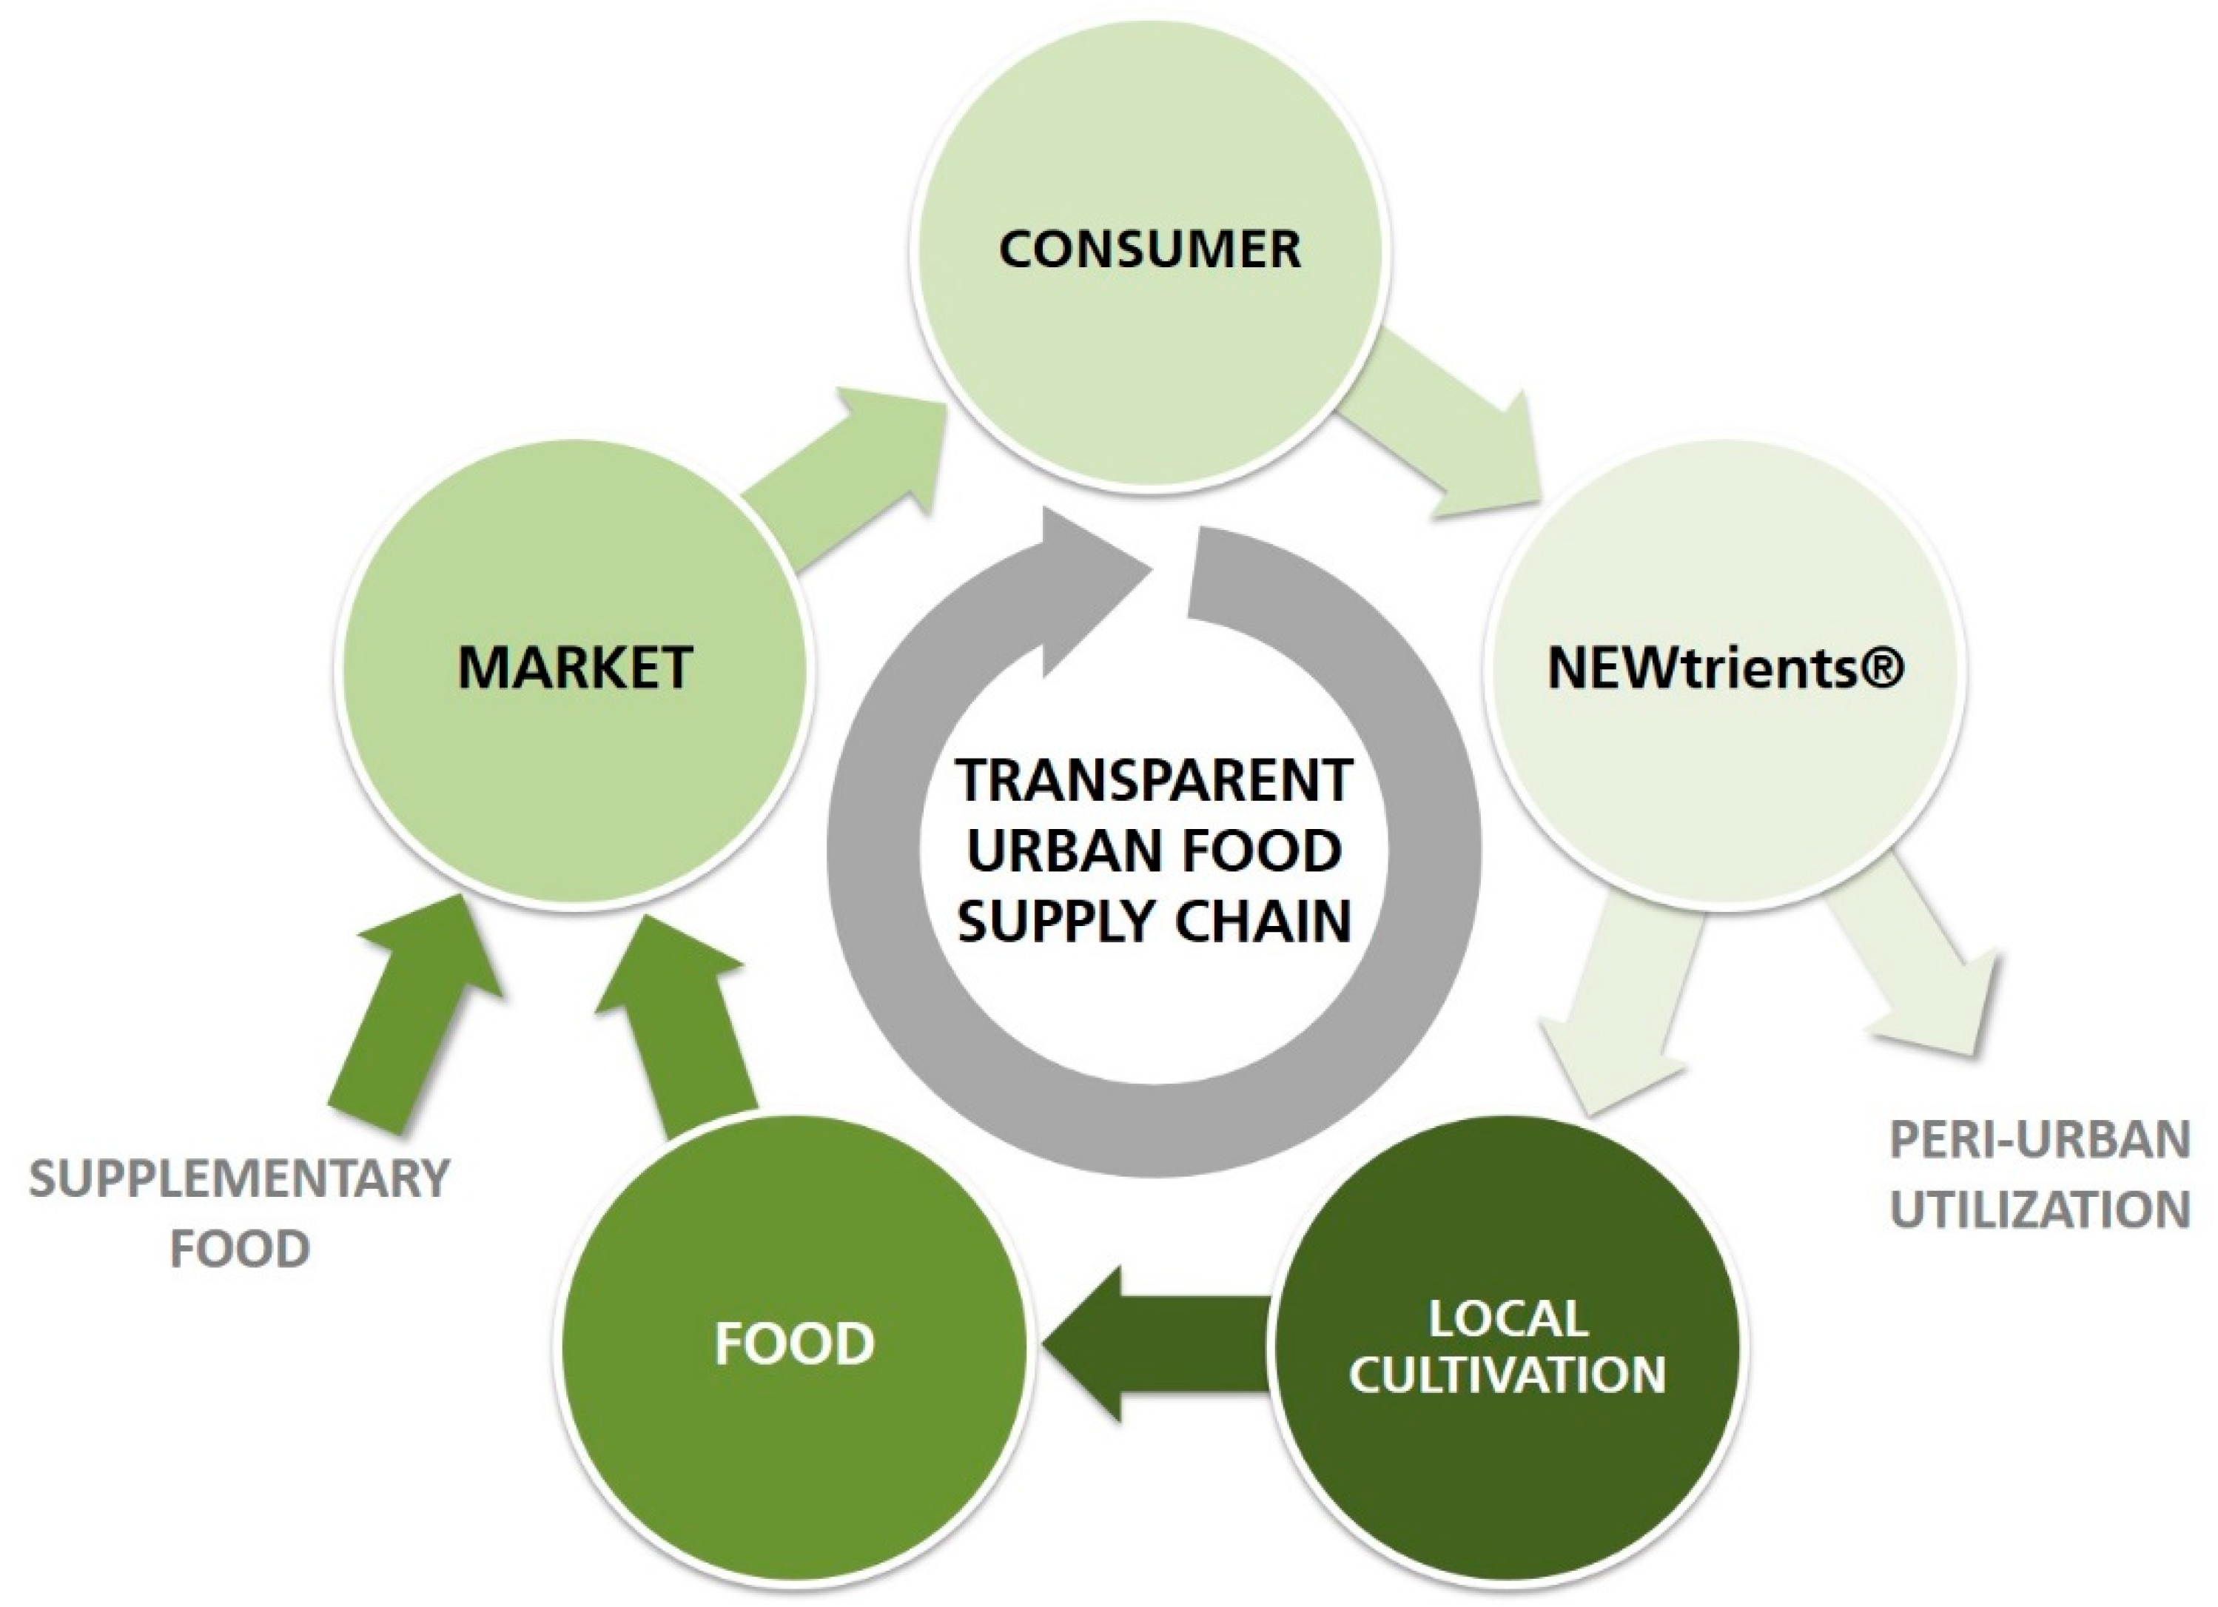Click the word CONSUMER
pyautogui.click(x=1149, y=249)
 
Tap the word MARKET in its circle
pyautogui.click(x=575, y=667)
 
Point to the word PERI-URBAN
pyautogui.click(x=2039, y=1141)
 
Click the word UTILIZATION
pyautogui.click(x=2039, y=1210)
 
